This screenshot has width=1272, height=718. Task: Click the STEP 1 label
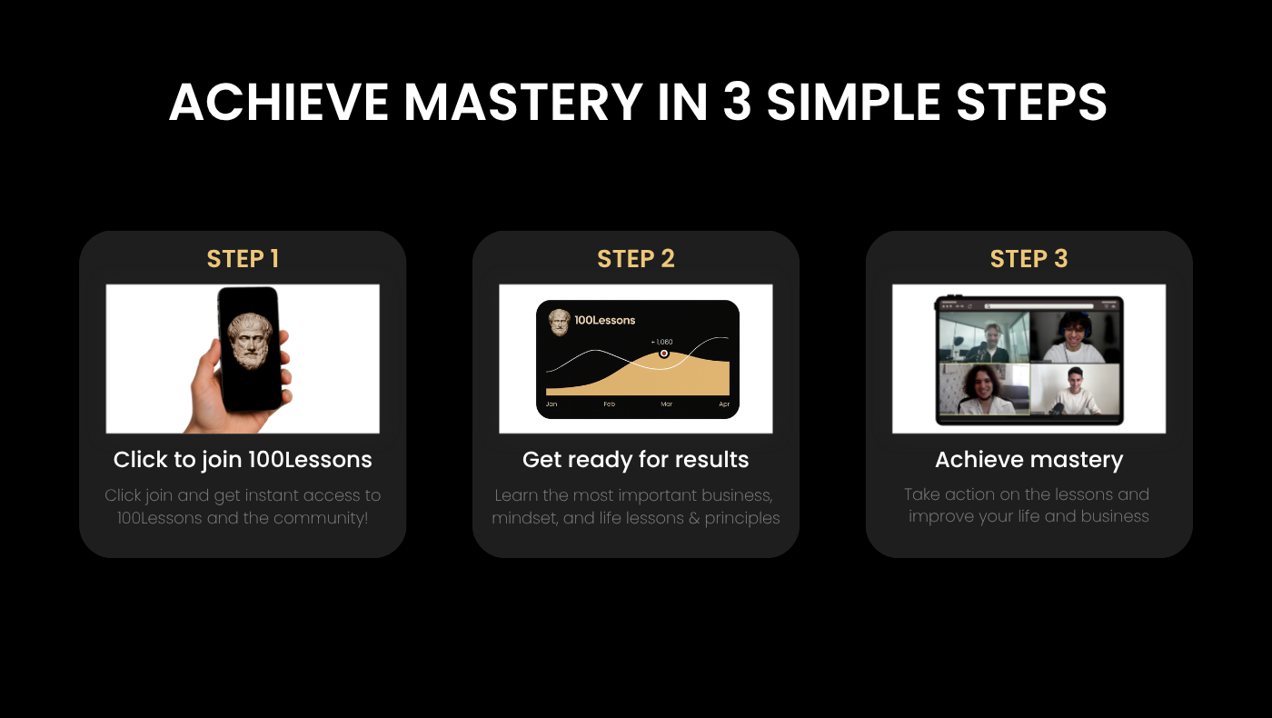243,259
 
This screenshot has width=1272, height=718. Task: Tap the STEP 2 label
635,259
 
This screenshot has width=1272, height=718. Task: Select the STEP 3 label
1029,259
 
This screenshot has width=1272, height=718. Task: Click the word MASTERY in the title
523,102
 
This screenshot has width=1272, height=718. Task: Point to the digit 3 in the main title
738,102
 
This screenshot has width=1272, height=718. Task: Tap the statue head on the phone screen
250,341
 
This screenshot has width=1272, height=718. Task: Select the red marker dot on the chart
664,354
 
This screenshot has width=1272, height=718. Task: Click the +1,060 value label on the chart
661,342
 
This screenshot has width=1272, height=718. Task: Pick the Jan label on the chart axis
552,404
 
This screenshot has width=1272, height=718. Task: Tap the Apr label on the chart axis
724,404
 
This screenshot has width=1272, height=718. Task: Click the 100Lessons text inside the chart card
605,320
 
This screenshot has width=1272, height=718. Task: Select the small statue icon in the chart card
560,322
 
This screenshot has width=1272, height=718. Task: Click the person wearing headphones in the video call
1074,337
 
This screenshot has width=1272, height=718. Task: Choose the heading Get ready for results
635,460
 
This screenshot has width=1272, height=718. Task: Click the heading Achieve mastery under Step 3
1029,460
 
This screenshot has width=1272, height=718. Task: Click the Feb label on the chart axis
610,404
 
